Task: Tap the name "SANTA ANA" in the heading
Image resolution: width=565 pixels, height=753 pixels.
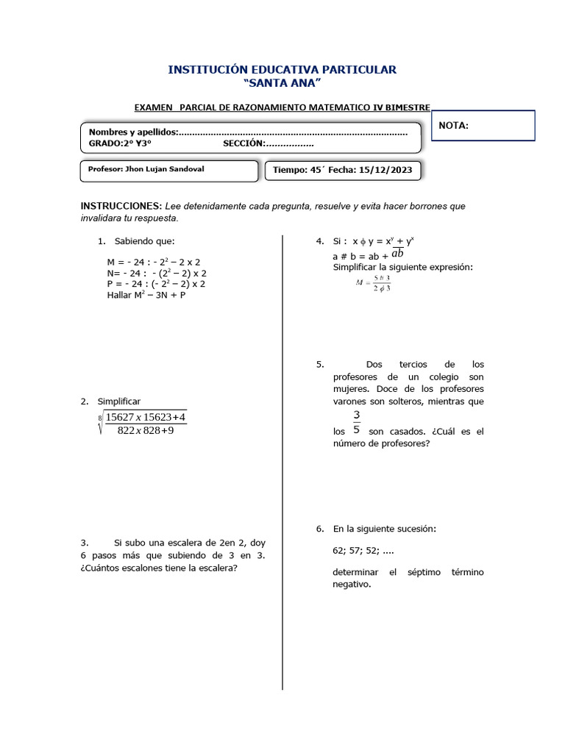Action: point(282,82)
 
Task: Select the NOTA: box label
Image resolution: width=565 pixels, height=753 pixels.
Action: point(453,126)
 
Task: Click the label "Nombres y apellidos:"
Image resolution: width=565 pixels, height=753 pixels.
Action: point(133,132)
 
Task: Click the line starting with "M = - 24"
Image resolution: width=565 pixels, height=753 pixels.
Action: point(154,262)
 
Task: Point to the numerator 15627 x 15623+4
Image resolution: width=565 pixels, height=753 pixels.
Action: point(145,417)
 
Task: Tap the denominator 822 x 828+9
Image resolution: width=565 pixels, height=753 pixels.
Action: point(145,429)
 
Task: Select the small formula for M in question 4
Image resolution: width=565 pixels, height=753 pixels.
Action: point(372,284)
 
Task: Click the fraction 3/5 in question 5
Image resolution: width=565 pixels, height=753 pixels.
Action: point(356,423)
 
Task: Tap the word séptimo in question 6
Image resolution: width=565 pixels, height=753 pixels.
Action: point(426,572)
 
